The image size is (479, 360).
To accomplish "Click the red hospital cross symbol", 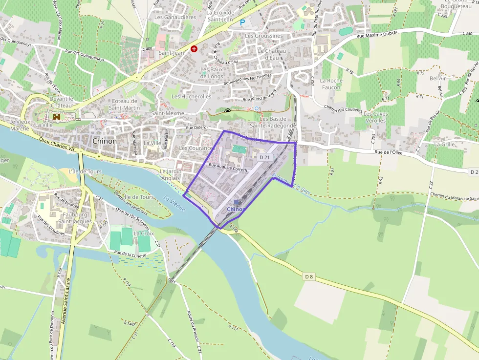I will pyautogui.click(x=194, y=49).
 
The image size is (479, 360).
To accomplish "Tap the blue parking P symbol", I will pyautogui.click(x=242, y=22).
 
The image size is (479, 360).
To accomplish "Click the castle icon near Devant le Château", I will pyautogui.click(x=57, y=116).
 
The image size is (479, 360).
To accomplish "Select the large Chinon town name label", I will pyautogui.click(x=105, y=141).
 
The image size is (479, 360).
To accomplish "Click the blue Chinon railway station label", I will pyautogui.click(x=236, y=209).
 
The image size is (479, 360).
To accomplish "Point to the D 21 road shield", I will pyautogui.click(x=264, y=157).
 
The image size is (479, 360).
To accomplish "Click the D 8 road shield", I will pyautogui.click(x=309, y=277).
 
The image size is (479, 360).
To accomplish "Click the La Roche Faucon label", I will pyautogui.click(x=331, y=84).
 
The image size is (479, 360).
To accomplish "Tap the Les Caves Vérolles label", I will pyautogui.click(x=375, y=117).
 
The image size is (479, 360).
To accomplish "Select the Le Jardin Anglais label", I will pyautogui.click(x=171, y=175).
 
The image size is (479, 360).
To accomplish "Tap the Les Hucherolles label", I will pyautogui.click(x=191, y=97).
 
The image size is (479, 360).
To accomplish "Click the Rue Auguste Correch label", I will pyautogui.click(x=228, y=168).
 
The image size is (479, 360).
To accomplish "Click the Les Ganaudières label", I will pyautogui.click(x=175, y=17).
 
